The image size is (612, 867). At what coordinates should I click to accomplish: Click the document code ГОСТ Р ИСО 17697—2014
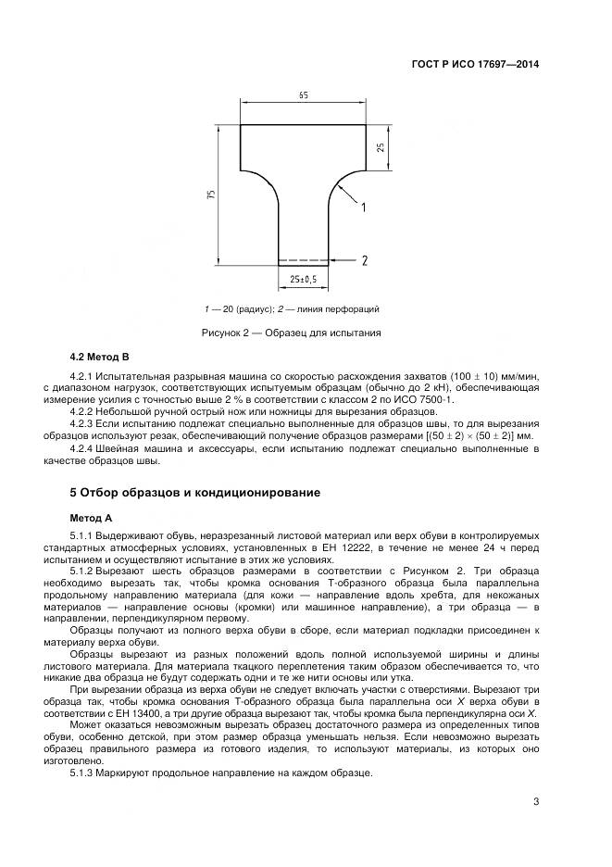point(475,65)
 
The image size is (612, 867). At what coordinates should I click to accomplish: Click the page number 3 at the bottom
point(536,802)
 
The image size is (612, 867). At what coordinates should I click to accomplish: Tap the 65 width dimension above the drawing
point(304,96)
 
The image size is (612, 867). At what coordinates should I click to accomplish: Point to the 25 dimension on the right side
point(381,147)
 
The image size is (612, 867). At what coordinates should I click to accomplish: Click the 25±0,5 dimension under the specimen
point(304,280)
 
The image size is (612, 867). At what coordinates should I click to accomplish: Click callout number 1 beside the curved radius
point(363,207)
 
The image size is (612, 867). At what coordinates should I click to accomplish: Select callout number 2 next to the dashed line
point(365,260)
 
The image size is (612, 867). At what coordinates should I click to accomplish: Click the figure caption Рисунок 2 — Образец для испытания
point(292,333)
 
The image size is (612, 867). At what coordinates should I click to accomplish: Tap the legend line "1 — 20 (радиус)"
point(238,309)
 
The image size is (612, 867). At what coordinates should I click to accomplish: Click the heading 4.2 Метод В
point(99,357)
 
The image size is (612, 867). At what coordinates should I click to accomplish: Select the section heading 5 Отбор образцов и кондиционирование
point(195,492)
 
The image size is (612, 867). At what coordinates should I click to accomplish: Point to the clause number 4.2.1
point(83,376)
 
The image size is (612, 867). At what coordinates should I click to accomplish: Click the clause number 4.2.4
point(83,449)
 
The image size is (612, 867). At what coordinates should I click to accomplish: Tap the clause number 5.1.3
point(83,773)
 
